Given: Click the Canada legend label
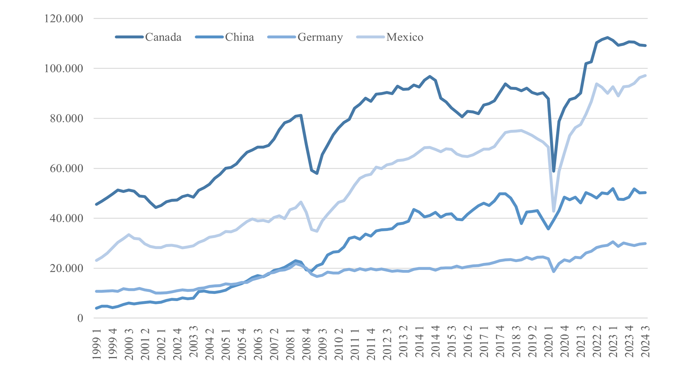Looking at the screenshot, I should click(x=163, y=37).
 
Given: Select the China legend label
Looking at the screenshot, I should click(x=240, y=37).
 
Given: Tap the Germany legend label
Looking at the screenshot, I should click(x=320, y=37).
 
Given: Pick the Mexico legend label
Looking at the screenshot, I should click(x=405, y=37).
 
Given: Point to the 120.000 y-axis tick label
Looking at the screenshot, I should click(x=64, y=19).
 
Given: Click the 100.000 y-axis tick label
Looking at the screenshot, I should click(x=64, y=69).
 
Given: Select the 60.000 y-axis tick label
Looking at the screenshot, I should click(x=66, y=168).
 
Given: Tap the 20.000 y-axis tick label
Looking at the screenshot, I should click(x=66, y=268).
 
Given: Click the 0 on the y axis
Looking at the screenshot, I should click(x=80, y=318).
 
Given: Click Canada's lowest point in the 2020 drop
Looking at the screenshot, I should click(x=554, y=171).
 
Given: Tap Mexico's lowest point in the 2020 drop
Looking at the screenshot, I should click(x=554, y=211).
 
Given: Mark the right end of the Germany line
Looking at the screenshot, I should click(x=645, y=244).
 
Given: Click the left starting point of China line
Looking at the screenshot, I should click(x=97, y=308).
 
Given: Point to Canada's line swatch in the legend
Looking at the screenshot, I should click(x=129, y=37).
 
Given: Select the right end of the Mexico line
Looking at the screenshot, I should click(x=645, y=75).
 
